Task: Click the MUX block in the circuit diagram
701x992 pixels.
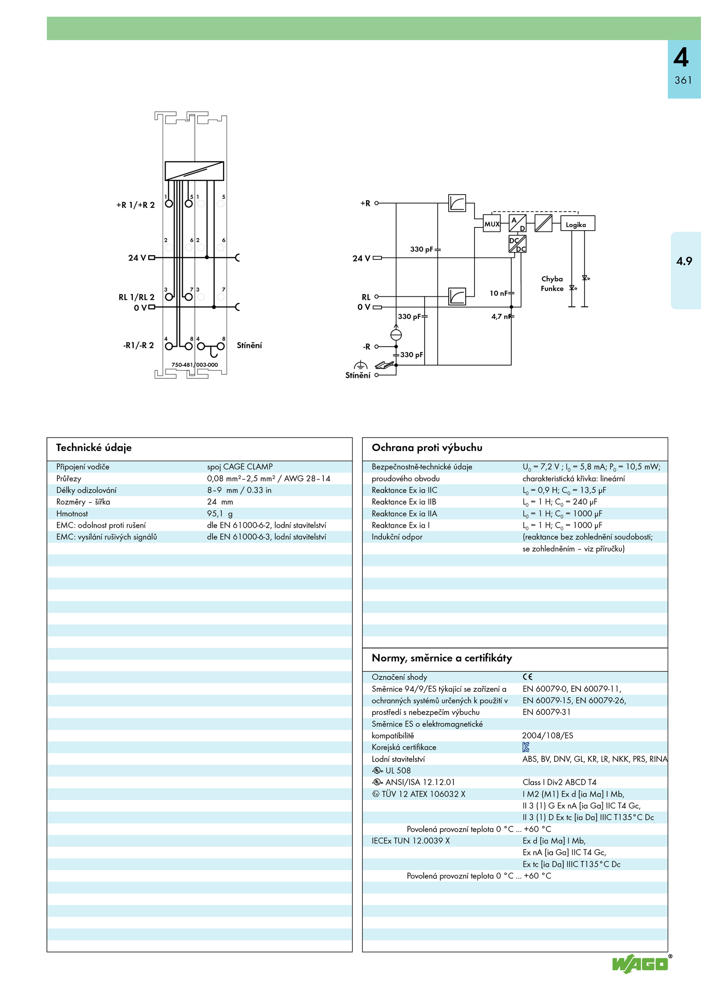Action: (x=492, y=224)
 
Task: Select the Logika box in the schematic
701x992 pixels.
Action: (x=577, y=224)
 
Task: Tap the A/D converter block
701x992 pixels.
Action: (x=517, y=223)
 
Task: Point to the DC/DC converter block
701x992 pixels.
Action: (x=517, y=244)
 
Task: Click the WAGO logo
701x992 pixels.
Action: (x=641, y=964)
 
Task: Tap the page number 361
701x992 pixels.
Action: (x=683, y=80)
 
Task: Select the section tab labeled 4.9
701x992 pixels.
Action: (x=684, y=261)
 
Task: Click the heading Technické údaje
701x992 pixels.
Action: (x=94, y=448)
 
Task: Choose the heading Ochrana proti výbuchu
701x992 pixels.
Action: (x=427, y=448)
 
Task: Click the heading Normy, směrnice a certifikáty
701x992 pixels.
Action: (x=442, y=658)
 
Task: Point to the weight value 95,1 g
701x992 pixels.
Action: (x=220, y=514)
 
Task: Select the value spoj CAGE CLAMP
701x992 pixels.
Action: (x=240, y=467)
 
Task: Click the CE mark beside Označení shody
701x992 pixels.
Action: (x=528, y=677)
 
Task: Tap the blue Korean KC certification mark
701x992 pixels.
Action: (x=526, y=747)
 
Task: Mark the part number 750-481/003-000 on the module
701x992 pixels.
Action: (x=195, y=365)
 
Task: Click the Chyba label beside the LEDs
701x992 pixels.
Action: (x=552, y=279)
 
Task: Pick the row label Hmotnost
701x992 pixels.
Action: (x=72, y=514)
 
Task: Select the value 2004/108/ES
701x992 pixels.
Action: (x=548, y=736)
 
